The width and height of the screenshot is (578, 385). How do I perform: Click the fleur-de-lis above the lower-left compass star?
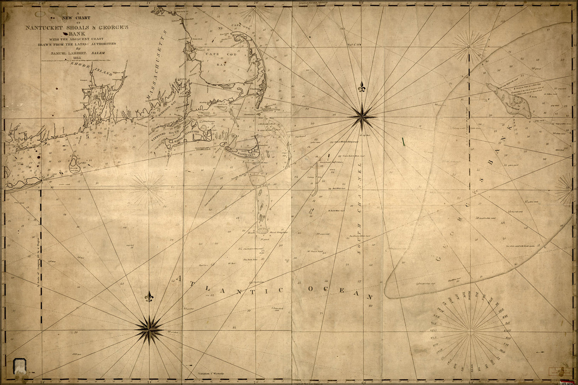coord(149,296)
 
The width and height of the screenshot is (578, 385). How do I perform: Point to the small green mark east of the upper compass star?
coord(403,141)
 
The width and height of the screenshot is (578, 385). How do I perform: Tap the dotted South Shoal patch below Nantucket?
coord(263,231)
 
